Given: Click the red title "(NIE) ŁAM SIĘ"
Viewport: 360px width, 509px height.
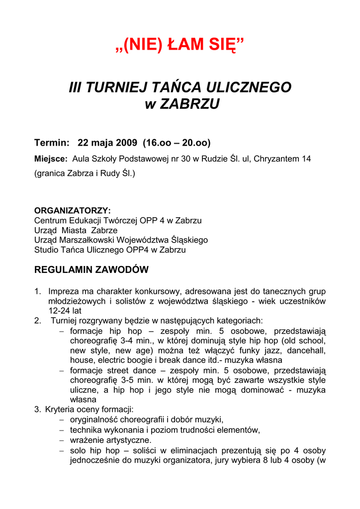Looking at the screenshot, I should [x=180, y=46].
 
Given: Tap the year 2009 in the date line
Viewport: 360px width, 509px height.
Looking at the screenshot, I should [x=126, y=143].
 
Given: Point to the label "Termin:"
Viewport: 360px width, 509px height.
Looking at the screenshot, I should [x=51, y=143].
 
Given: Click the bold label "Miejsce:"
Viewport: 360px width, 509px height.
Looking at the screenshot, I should [x=51, y=159].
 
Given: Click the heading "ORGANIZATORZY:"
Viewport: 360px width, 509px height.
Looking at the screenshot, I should [x=72, y=211].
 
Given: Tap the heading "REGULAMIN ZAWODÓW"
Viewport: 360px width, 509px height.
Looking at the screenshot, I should [x=91, y=270].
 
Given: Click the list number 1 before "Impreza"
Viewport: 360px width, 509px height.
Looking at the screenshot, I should [x=37, y=291].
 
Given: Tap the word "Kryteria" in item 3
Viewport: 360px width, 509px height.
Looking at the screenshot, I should [x=60, y=410].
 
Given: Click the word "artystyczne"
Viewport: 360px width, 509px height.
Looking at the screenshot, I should [x=126, y=440].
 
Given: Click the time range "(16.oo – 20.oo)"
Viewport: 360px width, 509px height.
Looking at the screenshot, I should [x=177, y=143].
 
